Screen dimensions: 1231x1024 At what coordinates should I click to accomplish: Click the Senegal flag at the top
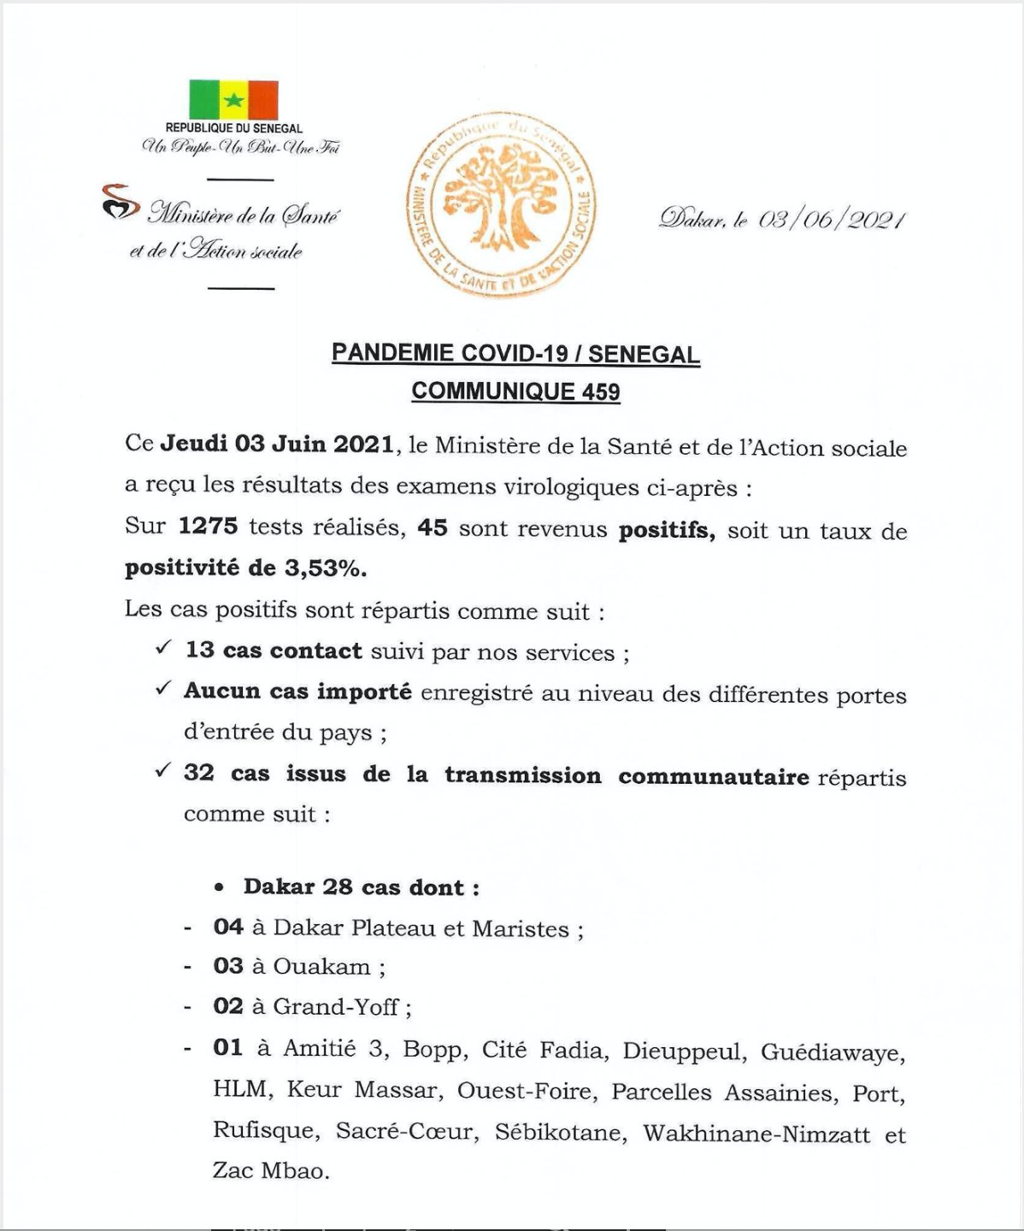coord(233,100)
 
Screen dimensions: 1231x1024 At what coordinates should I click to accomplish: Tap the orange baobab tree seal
coord(501,206)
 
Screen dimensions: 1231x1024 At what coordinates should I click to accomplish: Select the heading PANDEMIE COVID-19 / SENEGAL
coord(515,353)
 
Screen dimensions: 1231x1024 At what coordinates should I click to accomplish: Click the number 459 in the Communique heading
coord(601,392)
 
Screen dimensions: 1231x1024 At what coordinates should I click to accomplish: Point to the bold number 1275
coord(208,526)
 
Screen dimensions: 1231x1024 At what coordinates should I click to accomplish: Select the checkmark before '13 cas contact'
coord(163,649)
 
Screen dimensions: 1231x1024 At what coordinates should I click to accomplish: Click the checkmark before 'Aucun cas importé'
coord(163,688)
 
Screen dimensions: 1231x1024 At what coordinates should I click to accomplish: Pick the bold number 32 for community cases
coord(198,773)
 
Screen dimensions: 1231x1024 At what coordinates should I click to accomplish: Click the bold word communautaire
coord(714,777)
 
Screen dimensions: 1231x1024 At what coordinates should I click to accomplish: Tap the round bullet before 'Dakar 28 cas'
coord(220,888)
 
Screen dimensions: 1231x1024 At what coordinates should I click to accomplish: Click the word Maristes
coord(521,929)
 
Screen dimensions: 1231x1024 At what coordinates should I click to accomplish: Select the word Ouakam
coord(321,967)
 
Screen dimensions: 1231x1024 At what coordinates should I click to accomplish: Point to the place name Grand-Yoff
coord(335,1007)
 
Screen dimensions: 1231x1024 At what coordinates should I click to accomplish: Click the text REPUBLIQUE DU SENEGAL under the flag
coord(233,128)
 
